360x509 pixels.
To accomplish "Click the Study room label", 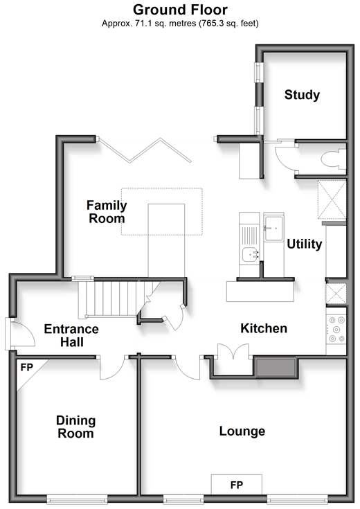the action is click(x=302, y=95).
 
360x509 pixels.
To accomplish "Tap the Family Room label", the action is click(x=107, y=212).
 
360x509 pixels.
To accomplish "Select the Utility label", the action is click(x=304, y=244).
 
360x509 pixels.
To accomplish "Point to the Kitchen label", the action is click(x=264, y=328).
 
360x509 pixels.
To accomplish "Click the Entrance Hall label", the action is click(x=71, y=335).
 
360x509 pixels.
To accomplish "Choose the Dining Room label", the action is click(x=75, y=427).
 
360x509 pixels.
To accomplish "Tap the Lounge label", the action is click(x=242, y=431).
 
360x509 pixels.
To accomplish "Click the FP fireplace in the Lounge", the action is click(x=236, y=485).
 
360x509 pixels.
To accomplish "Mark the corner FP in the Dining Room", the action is click(x=28, y=370).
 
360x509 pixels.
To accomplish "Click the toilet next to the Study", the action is click(x=334, y=159).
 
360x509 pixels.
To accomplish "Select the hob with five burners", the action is click(x=336, y=330).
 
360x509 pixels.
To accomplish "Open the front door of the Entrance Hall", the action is click(x=21, y=334).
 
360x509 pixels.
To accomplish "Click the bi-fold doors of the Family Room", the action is click(x=145, y=150).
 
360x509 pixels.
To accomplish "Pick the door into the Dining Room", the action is click(x=112, y=368).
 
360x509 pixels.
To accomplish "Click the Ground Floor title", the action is click(x=180, y=10).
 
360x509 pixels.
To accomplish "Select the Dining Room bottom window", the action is click(x=77, y=499).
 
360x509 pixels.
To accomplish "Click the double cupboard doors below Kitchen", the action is click(x=233, y=352).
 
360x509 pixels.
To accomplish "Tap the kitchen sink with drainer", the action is click(x=249, y=244).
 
